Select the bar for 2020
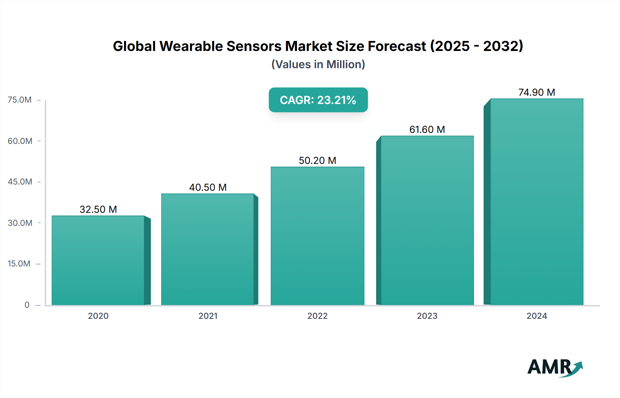click(x=98, y=260)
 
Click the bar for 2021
click(x=208, y=249)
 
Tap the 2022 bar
click(x=317, y=236)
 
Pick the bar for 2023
click(x=427, y=220)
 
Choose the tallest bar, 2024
click(x=537, y=202)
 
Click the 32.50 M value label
click(x=98, y=209)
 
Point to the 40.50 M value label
click(x=208, y=187)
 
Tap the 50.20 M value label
click(x=317, y=160)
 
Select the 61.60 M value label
click(x=427, y=129)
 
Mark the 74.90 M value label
click(x=537, y=92)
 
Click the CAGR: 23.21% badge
click(x=318, y=100)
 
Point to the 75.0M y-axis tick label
click(x=20, y=100)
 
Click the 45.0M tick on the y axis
click(x=20, y=182)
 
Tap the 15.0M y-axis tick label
click(x=19, y=264)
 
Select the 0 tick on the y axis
click(x=27, y=305)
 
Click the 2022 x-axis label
click(x=317, y=316)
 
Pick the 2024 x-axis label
click(x=537, y=316)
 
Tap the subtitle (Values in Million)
click(x=318, y=64)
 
